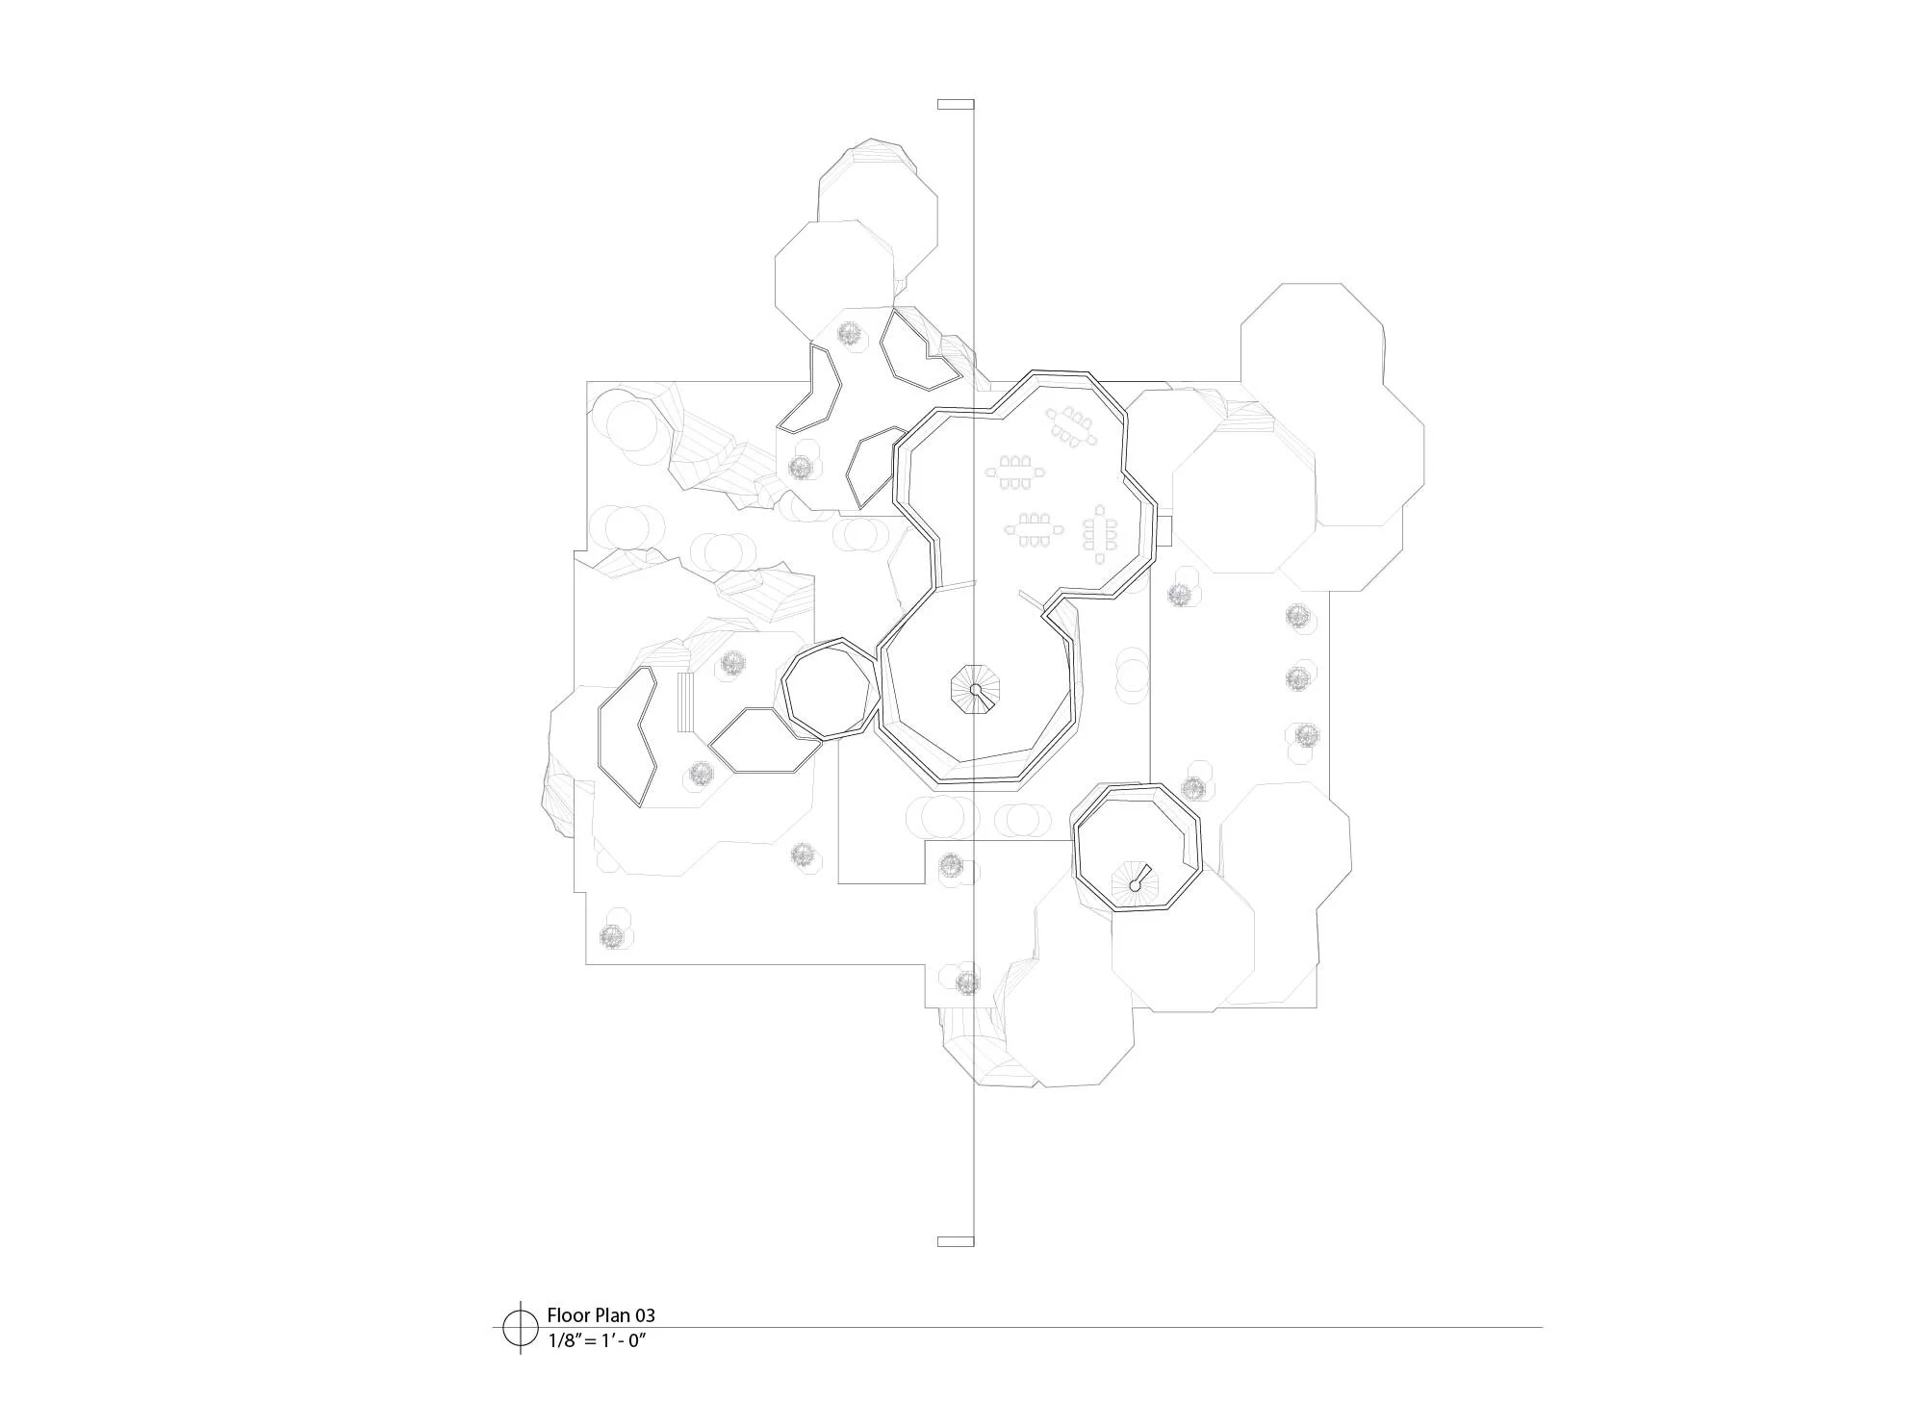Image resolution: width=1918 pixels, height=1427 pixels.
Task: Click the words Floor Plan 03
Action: click(x=601, y=1314)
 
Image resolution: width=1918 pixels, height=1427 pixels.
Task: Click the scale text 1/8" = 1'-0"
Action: click(x=595, y=1339)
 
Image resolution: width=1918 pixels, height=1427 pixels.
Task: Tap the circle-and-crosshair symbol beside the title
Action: click(x=520, y=1327)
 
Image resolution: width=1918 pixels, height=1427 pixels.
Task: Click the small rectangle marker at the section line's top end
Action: click(x=955, y=104)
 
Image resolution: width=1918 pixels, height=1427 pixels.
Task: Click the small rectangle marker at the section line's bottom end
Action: click(x=955, y=1241)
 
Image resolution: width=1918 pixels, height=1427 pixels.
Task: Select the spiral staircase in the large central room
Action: click(x=976, y=690)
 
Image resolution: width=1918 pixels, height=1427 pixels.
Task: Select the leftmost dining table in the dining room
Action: click(x=1013, y=471)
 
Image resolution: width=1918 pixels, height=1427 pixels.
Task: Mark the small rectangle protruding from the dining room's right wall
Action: click(x=1163, y=528)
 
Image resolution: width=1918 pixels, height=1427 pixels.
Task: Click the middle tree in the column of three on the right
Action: click(x=1296, y=678)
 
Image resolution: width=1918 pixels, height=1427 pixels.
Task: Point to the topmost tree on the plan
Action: click(x=849, y=333)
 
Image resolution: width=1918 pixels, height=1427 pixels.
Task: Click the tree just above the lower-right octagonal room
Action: click(x=1193, y=789)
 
